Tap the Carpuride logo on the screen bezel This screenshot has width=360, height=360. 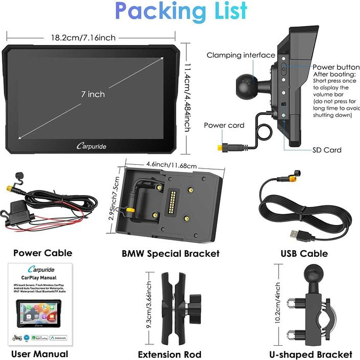click(91, 146)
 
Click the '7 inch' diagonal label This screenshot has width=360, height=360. click(92, 94)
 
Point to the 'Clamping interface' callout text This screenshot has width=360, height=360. click(241, 55)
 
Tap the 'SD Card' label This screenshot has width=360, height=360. click(326, 150)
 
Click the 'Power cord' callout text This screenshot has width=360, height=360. click(224, 126)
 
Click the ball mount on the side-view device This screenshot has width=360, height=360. click(248, 86)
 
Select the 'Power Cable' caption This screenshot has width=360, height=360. click(43, 253)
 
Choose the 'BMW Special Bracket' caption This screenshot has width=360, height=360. click(171, 253)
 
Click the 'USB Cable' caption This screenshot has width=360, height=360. click(304, 253)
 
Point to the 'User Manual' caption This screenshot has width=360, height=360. click(40, 354)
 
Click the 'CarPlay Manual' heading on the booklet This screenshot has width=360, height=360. click(39, 278)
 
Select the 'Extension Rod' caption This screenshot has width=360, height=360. click(170, 354)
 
